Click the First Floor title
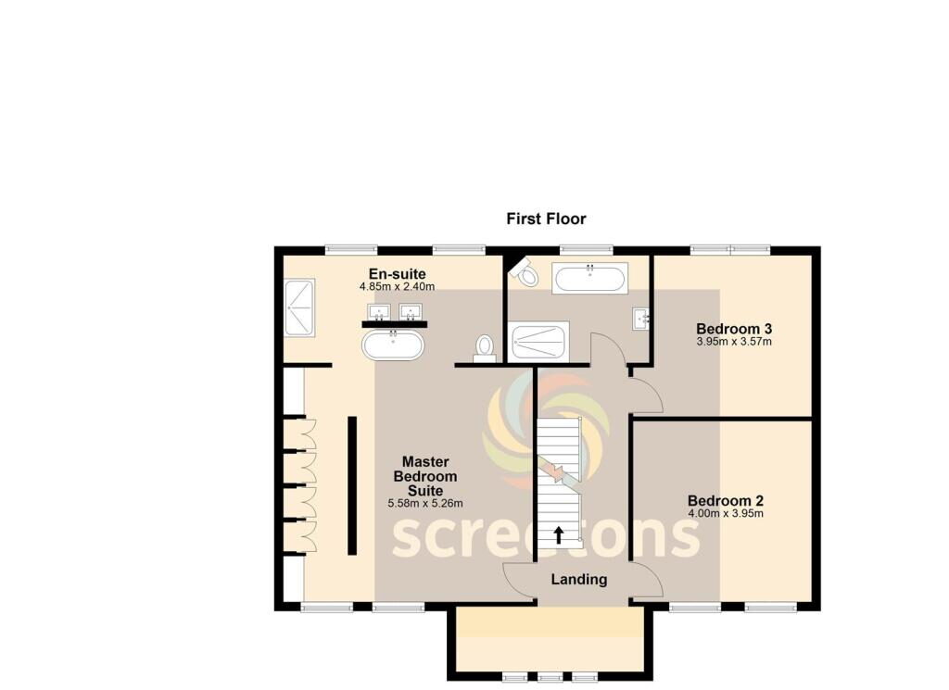click(x=546, y=219)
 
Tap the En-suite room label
click(x=397, y=274)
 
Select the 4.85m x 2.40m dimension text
click(x=397, y=286)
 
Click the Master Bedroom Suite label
click(x=425, y=477)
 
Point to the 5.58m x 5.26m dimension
click(x=425, y=503)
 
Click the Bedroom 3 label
click(x=734, y=329)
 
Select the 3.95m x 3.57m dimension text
click(x=734, y=342)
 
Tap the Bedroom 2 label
click(x=726, y=501)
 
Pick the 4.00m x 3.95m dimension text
click(x=726, y=514)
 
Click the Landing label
click(x=579, y=580)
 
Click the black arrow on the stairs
click(x=559, y=534)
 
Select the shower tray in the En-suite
click(x=299, y=307)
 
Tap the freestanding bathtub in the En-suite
click(x=393, y=345)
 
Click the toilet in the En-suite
click(x=484, y=349)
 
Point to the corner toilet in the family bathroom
click(x=525, y=272)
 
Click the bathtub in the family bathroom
click(x=589, y=278)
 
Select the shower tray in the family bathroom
click(x=538, y=342)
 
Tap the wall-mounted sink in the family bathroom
click(x=641, y=318)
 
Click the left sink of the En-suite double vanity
click(x=379, y=312)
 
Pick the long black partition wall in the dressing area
click(x=351, y=485)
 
